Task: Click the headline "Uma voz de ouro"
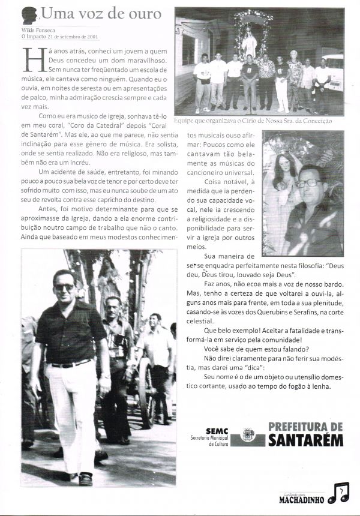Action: (101, 14)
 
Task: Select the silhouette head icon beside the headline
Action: (31, 14)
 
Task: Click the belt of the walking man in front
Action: (70, 364)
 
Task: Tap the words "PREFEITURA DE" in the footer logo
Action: (306, 427)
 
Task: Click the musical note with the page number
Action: (340, 493)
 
